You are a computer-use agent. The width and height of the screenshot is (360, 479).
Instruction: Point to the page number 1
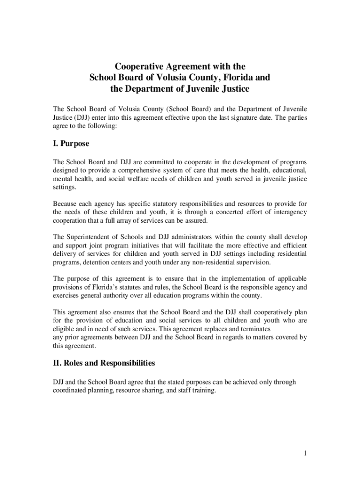coord(304,453)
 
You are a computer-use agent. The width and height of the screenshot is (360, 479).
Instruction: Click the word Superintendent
coord(93,237)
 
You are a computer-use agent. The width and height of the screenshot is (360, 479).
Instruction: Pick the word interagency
coord(287,212)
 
